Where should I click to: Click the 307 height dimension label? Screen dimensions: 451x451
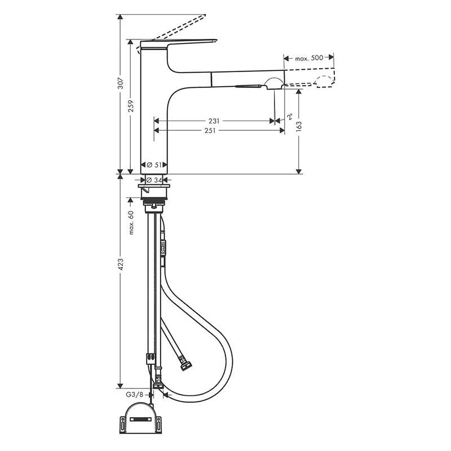(121, 83)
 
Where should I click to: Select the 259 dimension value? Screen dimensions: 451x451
(131, 106)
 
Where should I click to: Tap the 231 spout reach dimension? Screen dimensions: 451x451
(214, 121)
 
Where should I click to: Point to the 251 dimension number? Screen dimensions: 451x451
(210, 131)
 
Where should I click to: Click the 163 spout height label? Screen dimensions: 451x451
(299, 126)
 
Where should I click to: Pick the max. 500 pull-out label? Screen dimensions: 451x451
(309, 58)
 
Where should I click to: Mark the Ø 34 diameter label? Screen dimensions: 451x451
(154, 180)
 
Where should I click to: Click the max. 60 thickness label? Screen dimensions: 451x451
(131, 222)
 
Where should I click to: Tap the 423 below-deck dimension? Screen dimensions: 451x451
(121, 264)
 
